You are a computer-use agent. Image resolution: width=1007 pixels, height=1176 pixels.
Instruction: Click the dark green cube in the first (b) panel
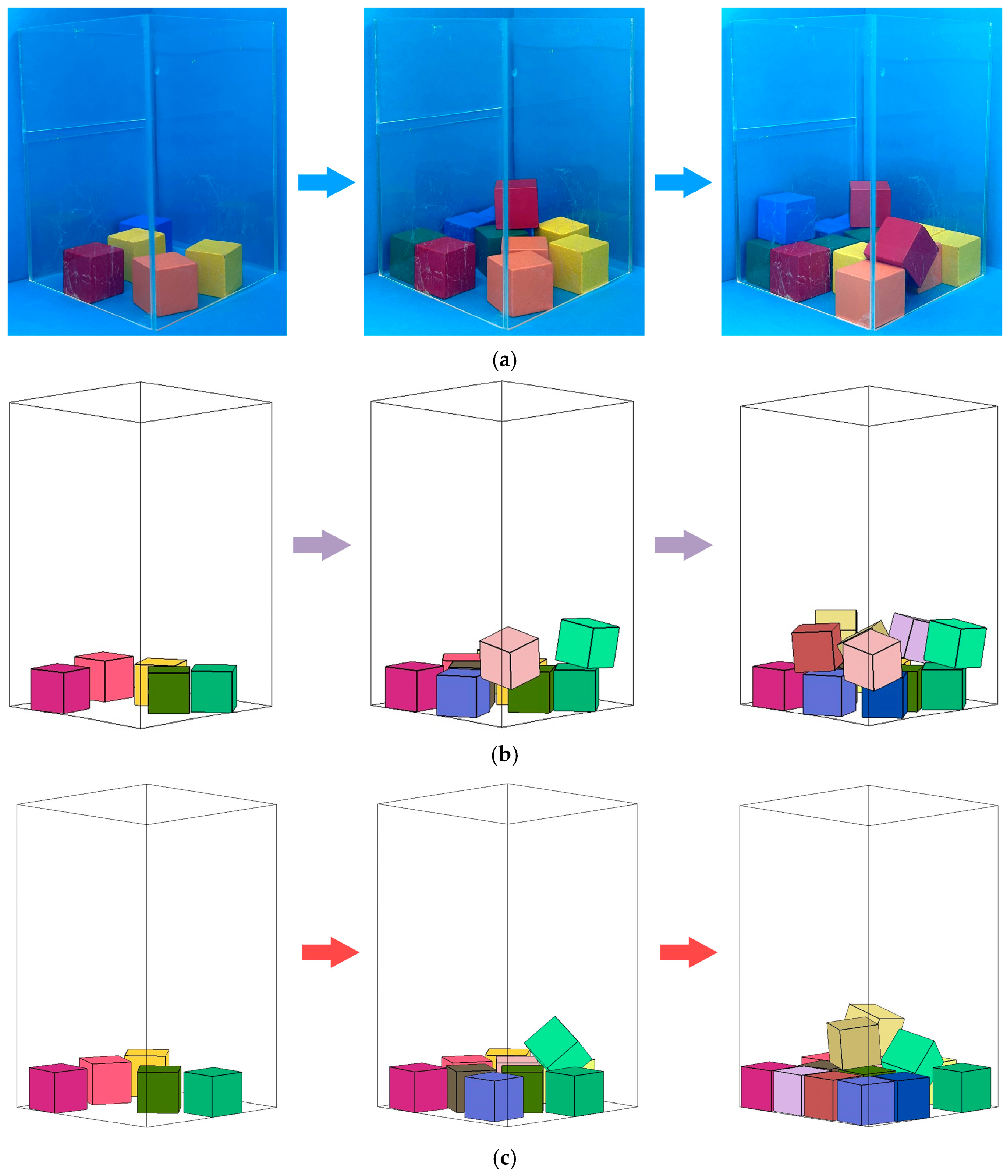pos(169,690)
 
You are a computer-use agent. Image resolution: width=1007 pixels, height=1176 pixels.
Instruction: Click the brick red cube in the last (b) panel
pos(815,647)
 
